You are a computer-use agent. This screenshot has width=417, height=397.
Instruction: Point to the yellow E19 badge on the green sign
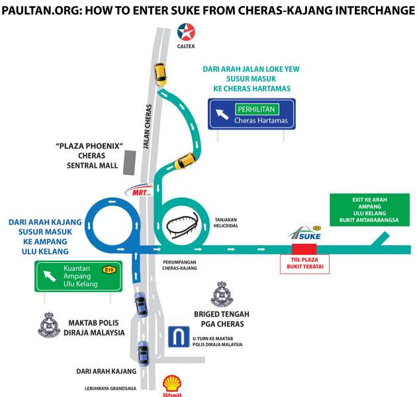point(107,270)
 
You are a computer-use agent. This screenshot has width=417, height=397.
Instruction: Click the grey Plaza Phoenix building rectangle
point(130,162)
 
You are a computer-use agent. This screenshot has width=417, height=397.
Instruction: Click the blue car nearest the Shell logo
point(143,354)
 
